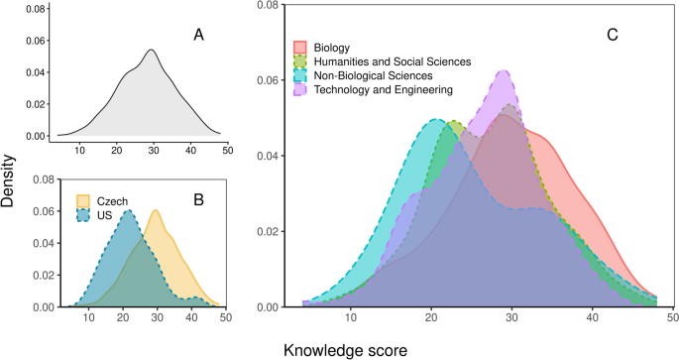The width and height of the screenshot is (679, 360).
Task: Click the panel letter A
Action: [198, 36]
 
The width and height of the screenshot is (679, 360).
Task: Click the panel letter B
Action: [198, 199]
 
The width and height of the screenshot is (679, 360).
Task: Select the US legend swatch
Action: [85, 212]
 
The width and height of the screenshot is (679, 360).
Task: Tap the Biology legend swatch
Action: [298, 48]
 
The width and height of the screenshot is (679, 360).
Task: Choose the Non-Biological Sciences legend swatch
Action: [298, 76]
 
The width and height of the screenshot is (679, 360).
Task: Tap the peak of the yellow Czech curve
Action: [155, 210]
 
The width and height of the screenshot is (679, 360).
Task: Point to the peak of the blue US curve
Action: [127, 210]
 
